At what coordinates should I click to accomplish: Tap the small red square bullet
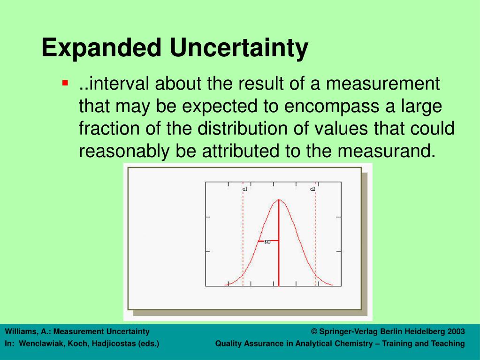pyautogui.click(x=65, y=84)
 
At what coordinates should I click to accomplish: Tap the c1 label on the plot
pyautogui.click(x=244, y=189)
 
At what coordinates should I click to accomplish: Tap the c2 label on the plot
pyautogui.click(x=312, y=189)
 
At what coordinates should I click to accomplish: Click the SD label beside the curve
pyautogui.click(x=267, y=242)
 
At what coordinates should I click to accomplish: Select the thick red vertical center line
pyautogui.click(x=279, y=253)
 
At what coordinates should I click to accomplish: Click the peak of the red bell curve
pyautogui.click(x=279, y=200)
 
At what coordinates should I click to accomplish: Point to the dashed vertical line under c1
pyautogui.click(x=243, y=235)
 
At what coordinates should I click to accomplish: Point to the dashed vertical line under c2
pyautogui.click(x=315, y=235)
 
